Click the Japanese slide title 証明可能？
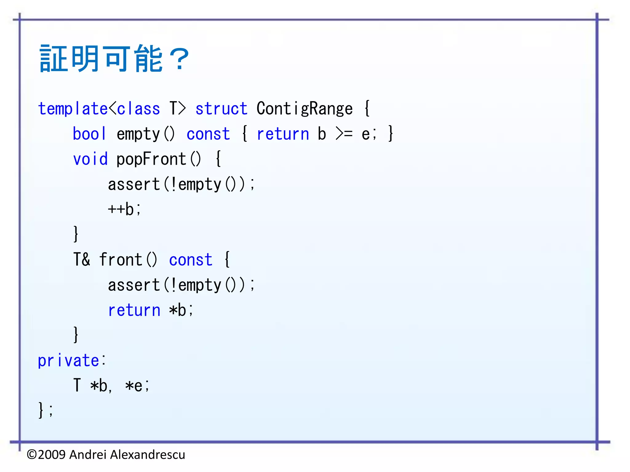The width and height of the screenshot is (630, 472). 114,58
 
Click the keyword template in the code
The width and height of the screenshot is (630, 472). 73,109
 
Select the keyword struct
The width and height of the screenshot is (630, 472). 221,109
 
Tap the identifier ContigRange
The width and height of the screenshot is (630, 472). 305,109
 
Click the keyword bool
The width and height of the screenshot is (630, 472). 89,134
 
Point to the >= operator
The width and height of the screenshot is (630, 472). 344,134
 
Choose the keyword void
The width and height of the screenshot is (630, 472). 90,159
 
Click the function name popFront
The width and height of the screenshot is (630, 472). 151,159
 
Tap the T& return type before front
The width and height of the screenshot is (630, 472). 82,260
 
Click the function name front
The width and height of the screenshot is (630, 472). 121,260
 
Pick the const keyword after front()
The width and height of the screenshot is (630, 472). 191,260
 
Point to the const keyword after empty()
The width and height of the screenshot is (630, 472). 208,134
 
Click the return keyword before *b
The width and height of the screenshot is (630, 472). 134,310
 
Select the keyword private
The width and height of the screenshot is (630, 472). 68,360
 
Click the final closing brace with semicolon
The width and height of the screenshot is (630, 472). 45,410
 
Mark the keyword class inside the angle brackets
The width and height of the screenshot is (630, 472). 138,109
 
